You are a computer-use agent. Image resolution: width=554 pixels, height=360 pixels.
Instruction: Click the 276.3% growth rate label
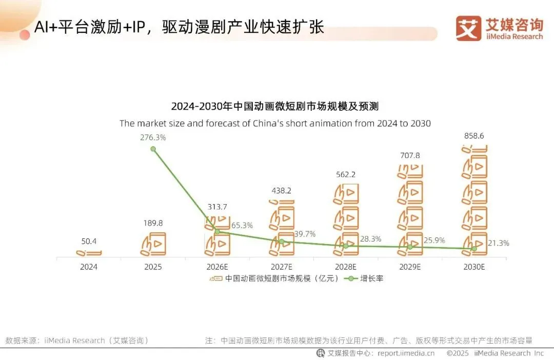tap(153, 137)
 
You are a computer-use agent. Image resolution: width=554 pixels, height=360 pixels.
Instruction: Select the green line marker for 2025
tap(153, 149)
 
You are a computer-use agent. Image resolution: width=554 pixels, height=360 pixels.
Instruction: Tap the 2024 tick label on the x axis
tap(88, 267)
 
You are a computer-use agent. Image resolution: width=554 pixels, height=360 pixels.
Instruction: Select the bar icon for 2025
tap(153, 244)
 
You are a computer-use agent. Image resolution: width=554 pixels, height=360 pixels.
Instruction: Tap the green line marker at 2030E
tap(473, 249)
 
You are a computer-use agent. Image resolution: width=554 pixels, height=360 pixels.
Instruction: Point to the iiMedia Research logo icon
tap(468, 28)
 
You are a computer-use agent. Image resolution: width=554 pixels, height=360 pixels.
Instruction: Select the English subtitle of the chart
tap(275, 123)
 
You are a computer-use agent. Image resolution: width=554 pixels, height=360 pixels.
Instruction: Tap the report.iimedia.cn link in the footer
tap(405, 353)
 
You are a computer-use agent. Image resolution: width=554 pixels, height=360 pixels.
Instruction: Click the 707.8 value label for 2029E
tap(409, 155)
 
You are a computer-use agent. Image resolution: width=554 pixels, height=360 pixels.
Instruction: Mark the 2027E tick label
tap(281, 267)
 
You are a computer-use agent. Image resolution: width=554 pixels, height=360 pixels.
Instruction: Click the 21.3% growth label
tap(498, 243)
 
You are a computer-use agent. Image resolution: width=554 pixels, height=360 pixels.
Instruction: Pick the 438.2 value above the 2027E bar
tap(281, 190)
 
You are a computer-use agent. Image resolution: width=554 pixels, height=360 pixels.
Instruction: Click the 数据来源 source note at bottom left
tap(77, 340)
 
